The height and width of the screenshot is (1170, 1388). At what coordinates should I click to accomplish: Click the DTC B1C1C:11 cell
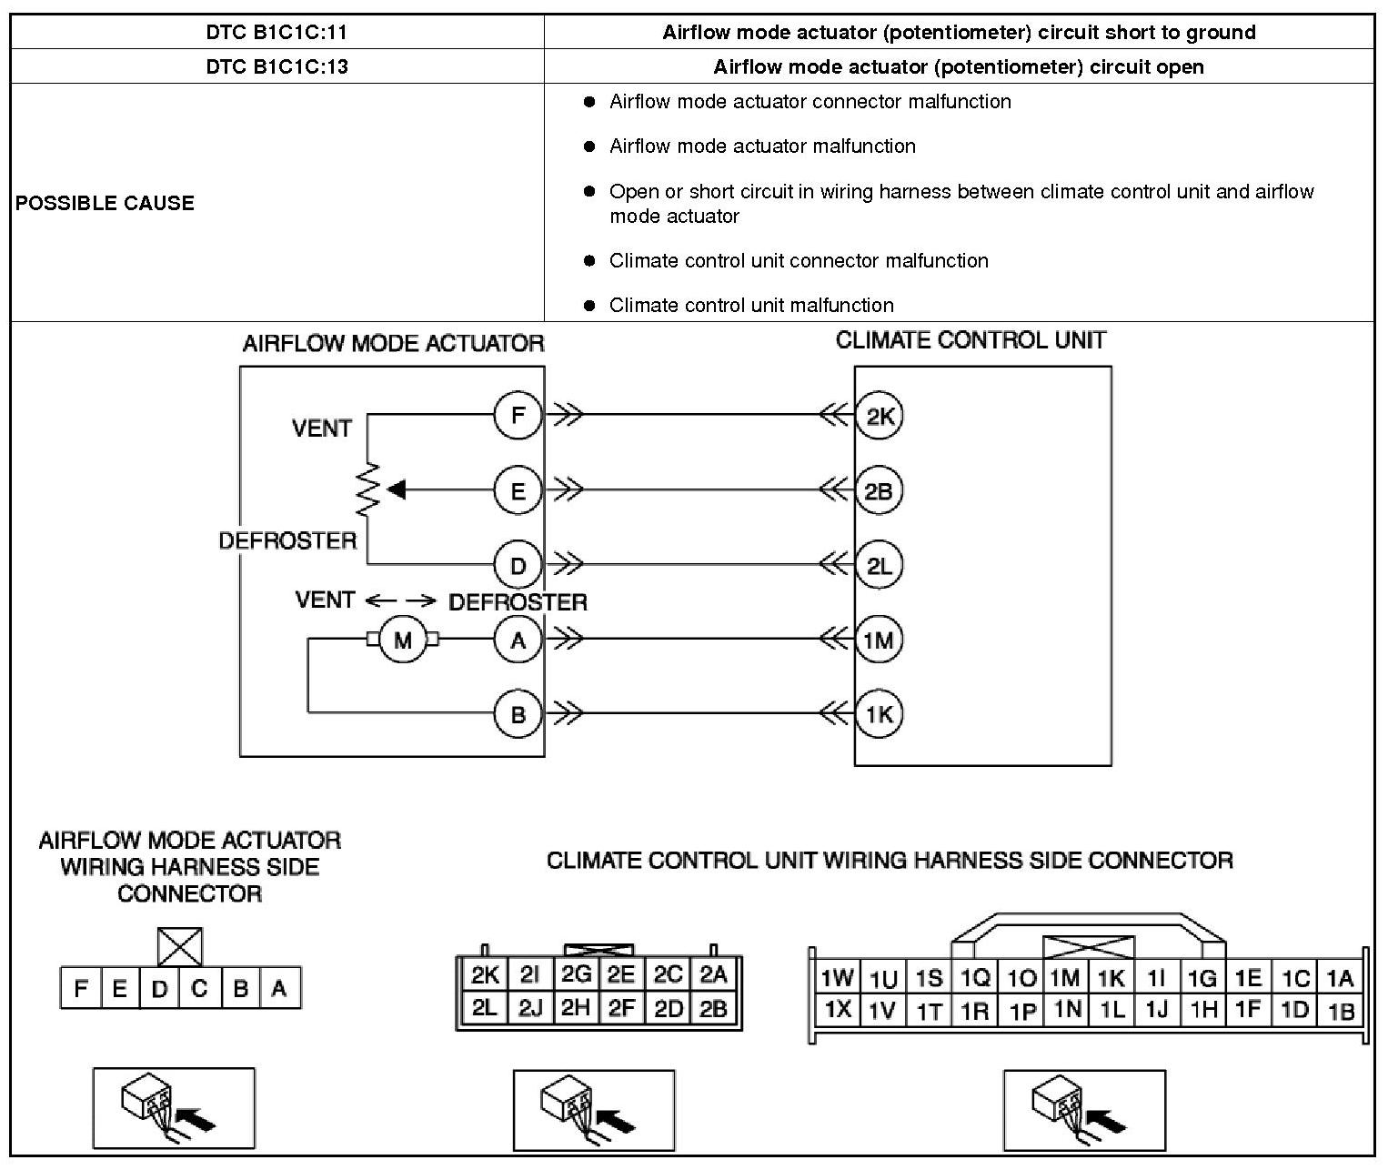click(x=277, y=33)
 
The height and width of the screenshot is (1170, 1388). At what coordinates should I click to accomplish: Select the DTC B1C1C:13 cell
click(x=277, y=66)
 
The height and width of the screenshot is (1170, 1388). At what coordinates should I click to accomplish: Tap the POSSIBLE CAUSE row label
click(x=105, y=203)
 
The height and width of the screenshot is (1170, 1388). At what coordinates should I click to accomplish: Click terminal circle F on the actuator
click(x=518, y=416)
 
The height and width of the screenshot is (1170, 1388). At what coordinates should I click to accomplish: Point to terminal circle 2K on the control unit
click(x=879, y=416)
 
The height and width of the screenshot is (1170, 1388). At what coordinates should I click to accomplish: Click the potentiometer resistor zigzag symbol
click(x=368, y=491)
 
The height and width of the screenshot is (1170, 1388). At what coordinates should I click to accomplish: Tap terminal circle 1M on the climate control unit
click(x=879, y=640)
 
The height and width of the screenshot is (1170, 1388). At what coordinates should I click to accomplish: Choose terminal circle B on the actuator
click(x=518, y=714)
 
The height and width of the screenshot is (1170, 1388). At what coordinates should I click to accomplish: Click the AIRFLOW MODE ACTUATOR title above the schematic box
click(x=393, y=344)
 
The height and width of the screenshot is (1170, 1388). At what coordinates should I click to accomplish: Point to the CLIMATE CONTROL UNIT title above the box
click(x=971, y=341)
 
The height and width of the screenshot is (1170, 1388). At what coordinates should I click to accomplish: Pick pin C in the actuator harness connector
click(x=199, y=988)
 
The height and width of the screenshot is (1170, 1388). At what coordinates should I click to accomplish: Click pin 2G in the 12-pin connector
click(x=576, y=975)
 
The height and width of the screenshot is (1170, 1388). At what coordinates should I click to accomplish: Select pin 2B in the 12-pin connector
click(x=713, y=1008)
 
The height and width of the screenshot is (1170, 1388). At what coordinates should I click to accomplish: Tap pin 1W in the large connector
click(x=836, y=978)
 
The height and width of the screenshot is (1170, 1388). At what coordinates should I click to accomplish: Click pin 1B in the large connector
click(x=1341, y=1010)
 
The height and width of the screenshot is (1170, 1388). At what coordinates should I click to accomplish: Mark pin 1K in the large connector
click(x=1111, y=978)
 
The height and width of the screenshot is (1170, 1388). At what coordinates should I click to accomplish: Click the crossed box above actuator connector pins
click(x=180, y=946)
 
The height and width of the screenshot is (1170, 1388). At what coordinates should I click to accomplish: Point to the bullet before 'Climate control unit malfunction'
click(x=589, y=306)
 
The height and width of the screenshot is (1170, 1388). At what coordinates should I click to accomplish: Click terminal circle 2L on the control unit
click(x=879, y=566)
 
